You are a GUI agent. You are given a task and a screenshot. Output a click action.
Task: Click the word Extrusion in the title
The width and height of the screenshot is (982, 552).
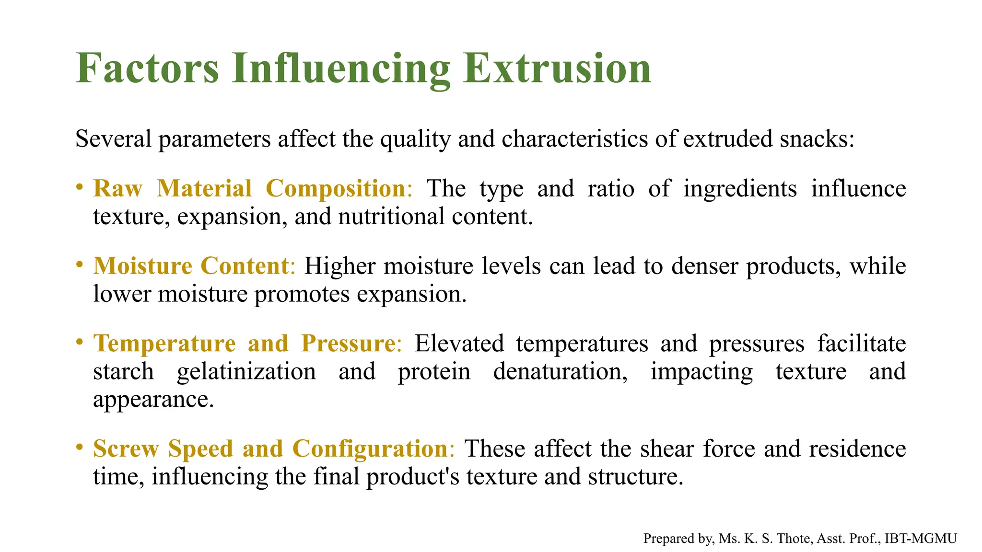tap(557, 69)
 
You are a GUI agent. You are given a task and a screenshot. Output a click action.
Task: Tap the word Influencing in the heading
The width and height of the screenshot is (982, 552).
tap(341, 69)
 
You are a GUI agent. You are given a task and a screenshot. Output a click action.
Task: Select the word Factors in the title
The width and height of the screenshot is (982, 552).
tap(147, 69)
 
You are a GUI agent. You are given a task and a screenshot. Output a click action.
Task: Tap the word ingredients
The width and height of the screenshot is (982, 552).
tap(740, 189)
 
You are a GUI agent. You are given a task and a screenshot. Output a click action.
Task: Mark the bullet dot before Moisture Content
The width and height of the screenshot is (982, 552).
tap(80, 264)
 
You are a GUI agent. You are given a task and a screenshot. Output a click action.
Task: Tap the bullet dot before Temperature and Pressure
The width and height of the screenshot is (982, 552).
tap(80, 342)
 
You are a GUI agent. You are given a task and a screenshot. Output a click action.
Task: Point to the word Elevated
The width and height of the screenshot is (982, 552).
tap(459, 344)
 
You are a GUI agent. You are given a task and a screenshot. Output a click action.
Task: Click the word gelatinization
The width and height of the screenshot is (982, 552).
tap(246, 371)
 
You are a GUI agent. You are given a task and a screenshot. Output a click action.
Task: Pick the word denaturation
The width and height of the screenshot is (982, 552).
tap(560, 371)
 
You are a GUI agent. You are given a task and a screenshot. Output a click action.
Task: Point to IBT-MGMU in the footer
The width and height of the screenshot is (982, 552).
tap(921, 539)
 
